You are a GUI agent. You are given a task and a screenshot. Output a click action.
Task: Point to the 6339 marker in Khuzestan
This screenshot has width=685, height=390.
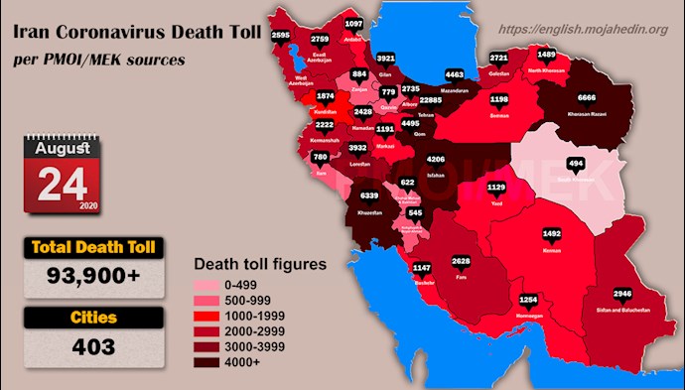[x=367, y=196]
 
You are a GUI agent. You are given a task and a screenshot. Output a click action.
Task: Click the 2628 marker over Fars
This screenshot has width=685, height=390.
[x=462, y=262]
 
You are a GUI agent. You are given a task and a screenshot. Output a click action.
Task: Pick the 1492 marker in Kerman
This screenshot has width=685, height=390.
[x=552, y=234]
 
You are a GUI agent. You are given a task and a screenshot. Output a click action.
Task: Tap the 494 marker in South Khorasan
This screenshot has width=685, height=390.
[x=575, y=164]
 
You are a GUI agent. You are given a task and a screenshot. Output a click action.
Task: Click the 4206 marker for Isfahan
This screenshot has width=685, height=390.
[x=435, y=160]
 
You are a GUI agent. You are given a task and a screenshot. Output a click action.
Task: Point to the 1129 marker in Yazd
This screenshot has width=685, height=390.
[x=495, y=188]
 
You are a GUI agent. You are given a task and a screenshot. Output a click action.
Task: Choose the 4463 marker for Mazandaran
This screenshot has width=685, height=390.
[x=455, y=74]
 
